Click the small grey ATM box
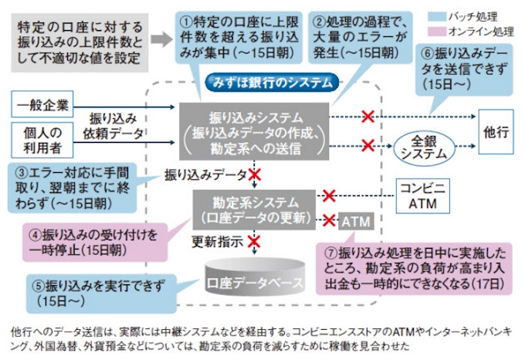[x=355, y=220]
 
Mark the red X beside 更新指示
[x=254, y=241]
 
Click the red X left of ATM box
[x=328, y=219]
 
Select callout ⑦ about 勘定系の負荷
[x=414, y=267]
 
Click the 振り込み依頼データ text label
[x=117, y=126]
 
